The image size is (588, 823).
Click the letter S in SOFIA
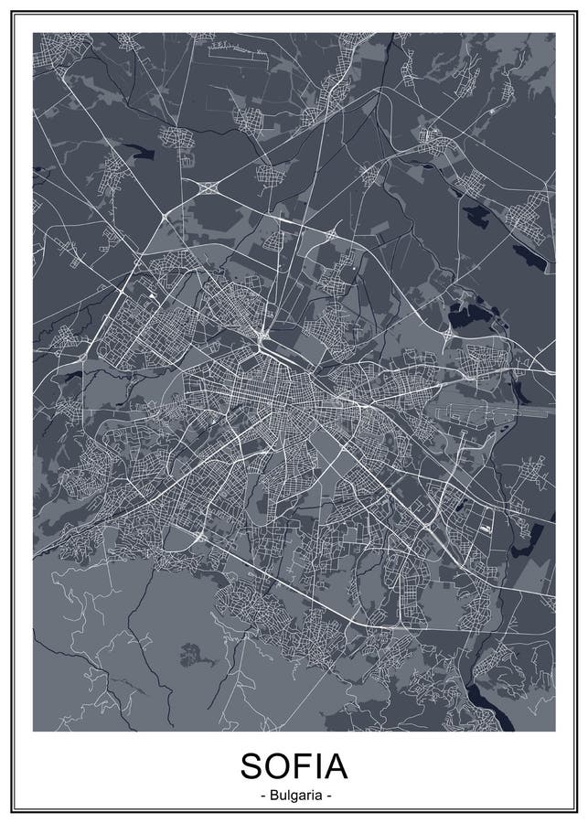click(254, 765)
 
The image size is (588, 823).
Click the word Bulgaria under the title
click(294, 796)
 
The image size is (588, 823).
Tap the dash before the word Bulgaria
click(262, 796)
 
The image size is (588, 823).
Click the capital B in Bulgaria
click(273, 796)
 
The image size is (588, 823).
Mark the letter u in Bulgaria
click(281, 796)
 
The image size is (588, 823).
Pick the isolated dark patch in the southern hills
click(191, 654)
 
